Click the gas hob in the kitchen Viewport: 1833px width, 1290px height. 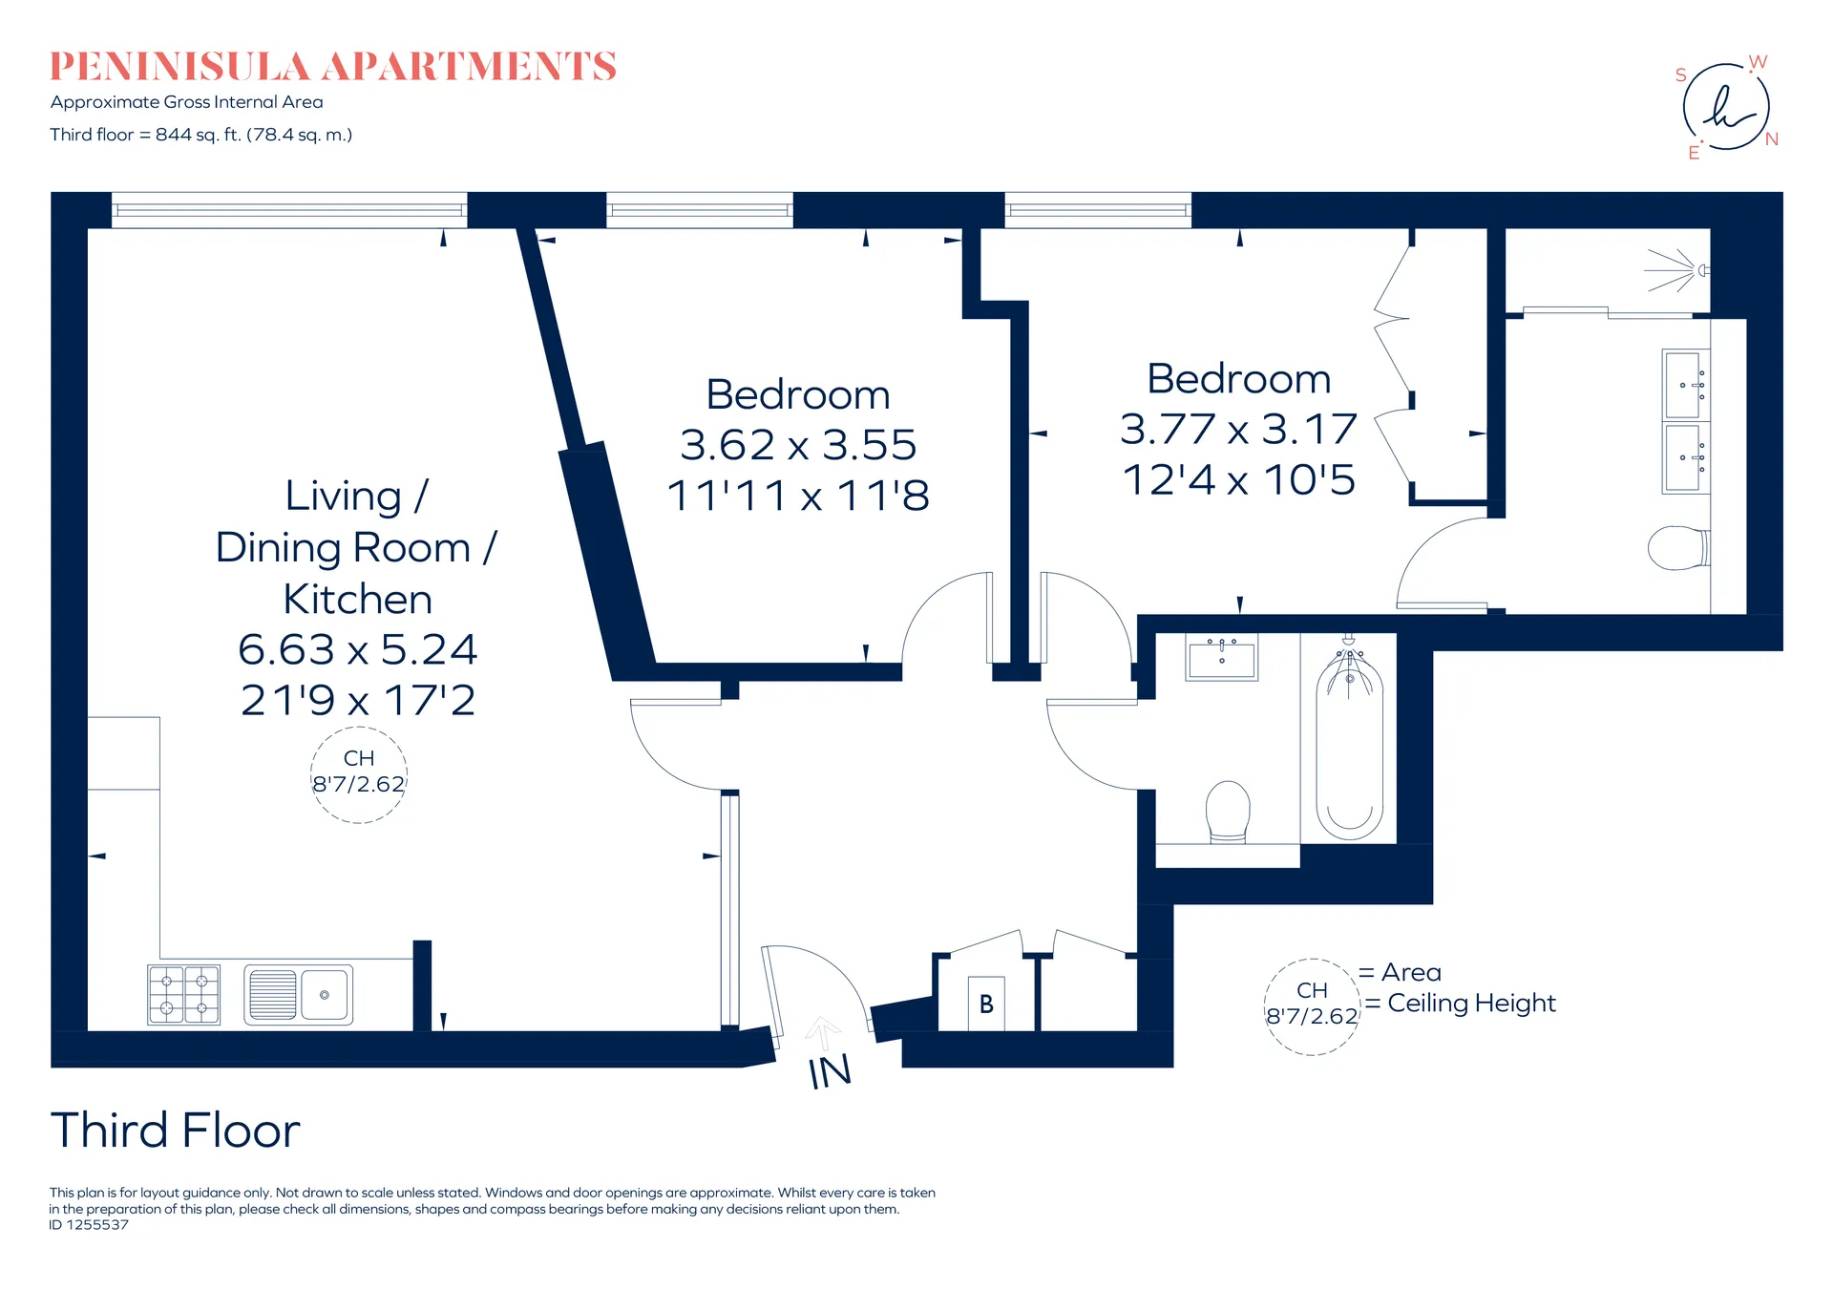(183, 995)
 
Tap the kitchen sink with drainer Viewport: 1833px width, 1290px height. (299, 995)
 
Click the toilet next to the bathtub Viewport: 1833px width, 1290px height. (1228, 812)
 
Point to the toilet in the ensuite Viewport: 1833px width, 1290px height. (1678, 547)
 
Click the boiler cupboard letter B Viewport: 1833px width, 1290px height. (986, 1004)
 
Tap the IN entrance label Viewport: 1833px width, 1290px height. (830, 1071)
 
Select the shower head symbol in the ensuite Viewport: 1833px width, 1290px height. (1676, 270)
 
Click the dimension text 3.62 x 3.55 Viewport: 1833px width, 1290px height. (797, 444)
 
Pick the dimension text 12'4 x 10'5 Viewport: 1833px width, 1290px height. (1238, 479)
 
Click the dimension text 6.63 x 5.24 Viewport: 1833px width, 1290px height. (357, 649)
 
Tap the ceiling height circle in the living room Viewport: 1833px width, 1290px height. (359, 728)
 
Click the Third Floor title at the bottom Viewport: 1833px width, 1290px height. (176, 1131)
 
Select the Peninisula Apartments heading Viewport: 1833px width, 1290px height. (333, 66)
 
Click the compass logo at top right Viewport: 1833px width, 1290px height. (1726, 107)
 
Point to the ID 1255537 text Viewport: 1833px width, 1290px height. (89, 1225)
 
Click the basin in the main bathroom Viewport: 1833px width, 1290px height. (1222, 656)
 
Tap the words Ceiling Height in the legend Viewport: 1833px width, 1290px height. (1471, 1004)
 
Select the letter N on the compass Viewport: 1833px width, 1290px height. (1772, 139)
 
